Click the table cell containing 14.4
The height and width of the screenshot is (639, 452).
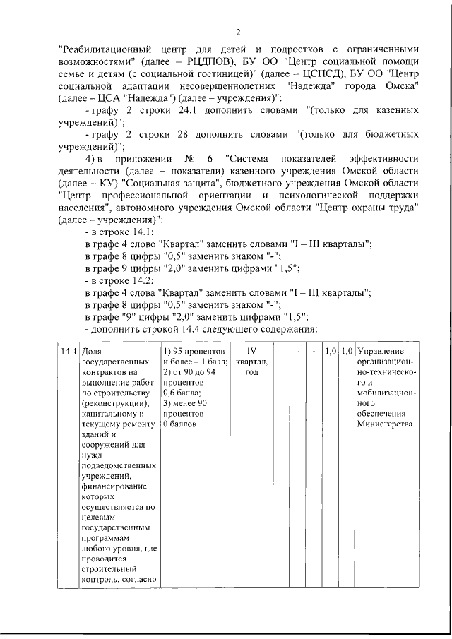[69, 351]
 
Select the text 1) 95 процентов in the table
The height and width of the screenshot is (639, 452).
[194, 351]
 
